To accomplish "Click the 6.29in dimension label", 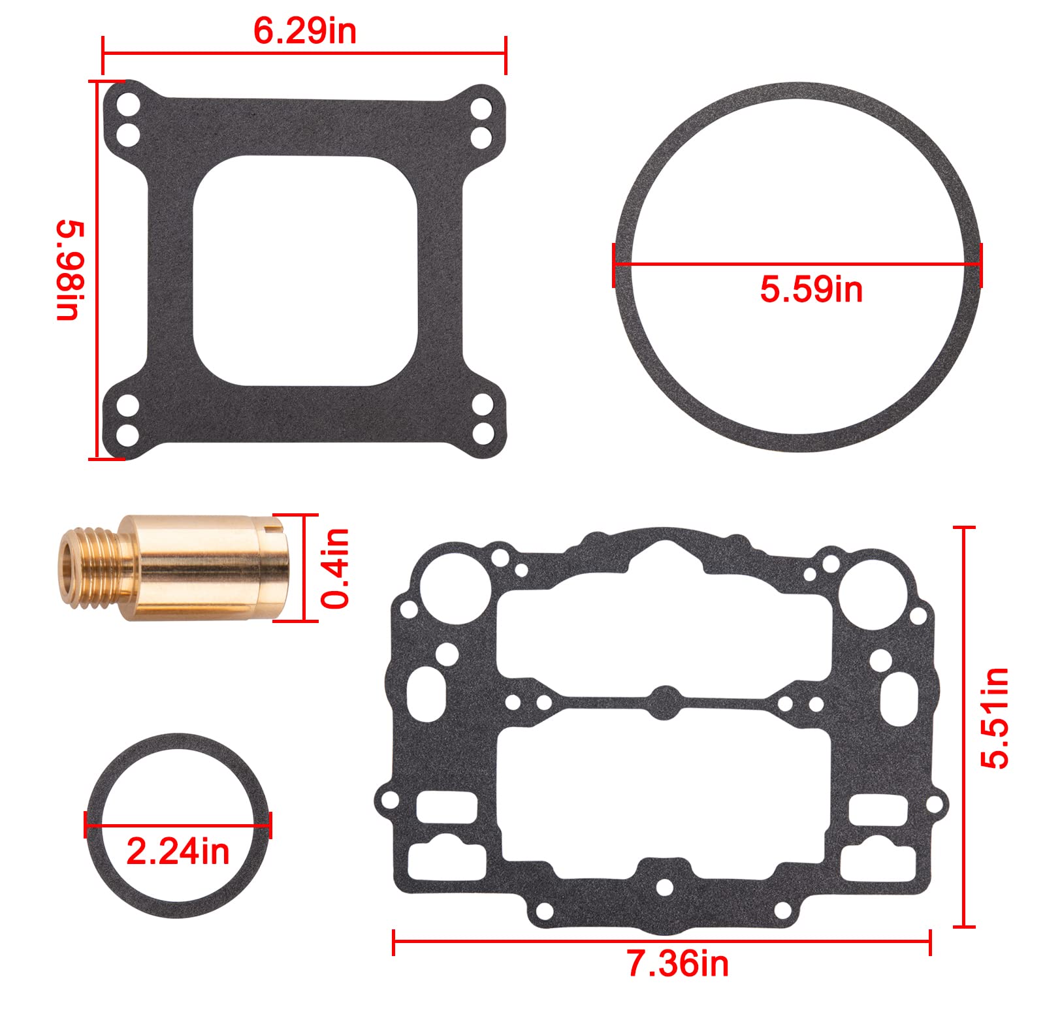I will coord(304,31).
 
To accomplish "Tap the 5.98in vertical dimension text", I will coord(70,270).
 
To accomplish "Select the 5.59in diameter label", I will coord(811,289).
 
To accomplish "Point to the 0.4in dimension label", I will coord(336,568).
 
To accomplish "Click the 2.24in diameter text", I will coord(178,852).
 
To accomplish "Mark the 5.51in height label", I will coord(994,718).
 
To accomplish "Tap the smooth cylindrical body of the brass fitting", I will coord(202,567).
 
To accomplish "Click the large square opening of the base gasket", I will coord(305,270).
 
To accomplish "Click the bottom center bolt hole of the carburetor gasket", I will coord(664,888).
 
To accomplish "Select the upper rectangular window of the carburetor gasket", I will coord(664,627).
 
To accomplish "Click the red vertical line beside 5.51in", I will coord(964,725).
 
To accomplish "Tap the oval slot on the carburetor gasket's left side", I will coord(426,694).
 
